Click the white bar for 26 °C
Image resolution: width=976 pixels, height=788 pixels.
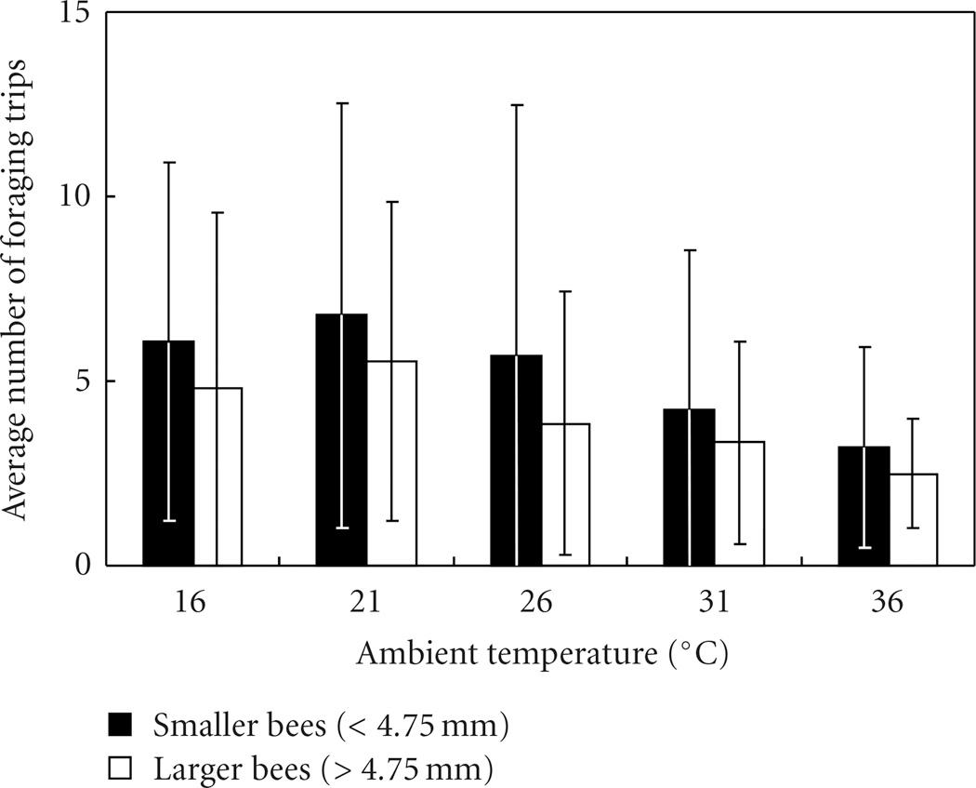click(576, 494)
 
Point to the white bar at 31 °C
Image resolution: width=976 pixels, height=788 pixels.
click(750, 503)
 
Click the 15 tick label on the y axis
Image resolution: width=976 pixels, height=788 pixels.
click(73, 14)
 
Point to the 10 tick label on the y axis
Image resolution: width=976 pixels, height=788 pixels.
click(73, 197)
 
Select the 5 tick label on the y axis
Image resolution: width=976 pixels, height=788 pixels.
click(82, 381)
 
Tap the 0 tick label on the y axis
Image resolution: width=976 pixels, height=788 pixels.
click(82, 565)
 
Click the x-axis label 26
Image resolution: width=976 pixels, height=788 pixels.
click(537, 603)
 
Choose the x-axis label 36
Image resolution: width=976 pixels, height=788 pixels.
click(885, 603)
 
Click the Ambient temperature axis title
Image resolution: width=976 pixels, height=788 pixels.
click(541, 654)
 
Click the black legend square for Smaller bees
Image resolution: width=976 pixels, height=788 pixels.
click(121, 725)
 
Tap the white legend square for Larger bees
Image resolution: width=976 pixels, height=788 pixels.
click(121, 769)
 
